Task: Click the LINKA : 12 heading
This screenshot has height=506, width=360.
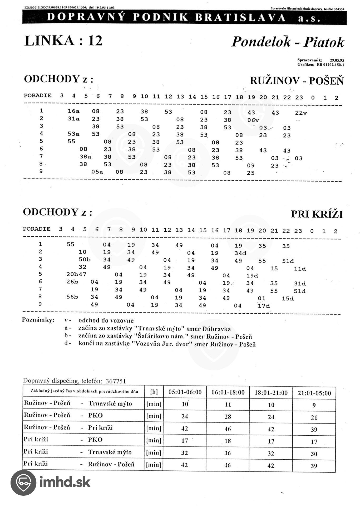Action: [63, 41]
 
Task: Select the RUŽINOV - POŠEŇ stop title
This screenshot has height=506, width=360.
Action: [297, 81]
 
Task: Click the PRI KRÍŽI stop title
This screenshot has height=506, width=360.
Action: [317, 214]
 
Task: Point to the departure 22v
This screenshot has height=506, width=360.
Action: [301, 113]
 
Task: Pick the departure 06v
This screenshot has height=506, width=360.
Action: [253, 120]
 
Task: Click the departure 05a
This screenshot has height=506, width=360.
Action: [97, 172]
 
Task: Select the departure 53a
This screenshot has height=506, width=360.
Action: [73, 134]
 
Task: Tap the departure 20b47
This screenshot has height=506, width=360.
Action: [76, 274]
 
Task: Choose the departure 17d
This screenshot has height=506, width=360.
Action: [264, 306]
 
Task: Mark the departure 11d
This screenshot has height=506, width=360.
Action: [300, 269]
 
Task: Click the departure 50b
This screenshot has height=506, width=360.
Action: [85, 259]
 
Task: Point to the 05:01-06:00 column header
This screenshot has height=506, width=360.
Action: [185, 392]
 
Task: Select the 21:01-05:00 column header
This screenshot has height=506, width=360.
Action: [314, 393]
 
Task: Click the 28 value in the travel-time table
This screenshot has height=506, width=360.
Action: [228, 417]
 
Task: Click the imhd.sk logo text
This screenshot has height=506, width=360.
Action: [65, 482]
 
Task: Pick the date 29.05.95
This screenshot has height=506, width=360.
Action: [337, 60]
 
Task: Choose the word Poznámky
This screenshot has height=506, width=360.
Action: [38, 320]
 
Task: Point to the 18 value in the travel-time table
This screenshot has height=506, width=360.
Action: [228, 441]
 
